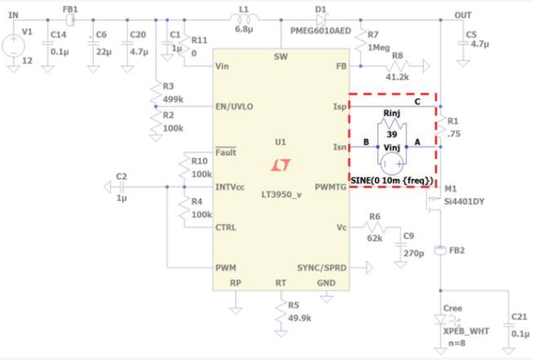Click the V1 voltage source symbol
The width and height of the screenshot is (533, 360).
[14, 46]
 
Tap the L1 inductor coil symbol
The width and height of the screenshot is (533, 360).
[244, 18]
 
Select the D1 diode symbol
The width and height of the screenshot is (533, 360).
[321, 20]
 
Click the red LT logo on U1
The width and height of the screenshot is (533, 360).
[281, 165]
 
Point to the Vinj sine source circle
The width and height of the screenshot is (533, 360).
[392, 164]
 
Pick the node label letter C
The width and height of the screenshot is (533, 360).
[417, 101]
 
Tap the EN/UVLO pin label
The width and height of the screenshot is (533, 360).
[234, 106]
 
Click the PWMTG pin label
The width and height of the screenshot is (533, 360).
[331, 187]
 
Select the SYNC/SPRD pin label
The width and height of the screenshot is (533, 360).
[322, 268]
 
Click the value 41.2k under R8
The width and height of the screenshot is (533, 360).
[397, 77]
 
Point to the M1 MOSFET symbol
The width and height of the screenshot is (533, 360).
[433, 201]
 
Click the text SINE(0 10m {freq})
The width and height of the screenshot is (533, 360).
[392, 181]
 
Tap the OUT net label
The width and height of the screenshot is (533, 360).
[463, 16]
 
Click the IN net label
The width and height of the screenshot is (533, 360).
[13, 15]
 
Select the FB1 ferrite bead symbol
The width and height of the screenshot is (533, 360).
[70, 20]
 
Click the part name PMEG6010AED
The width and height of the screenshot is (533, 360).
[320, 31]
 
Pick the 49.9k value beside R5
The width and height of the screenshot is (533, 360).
[299, 318]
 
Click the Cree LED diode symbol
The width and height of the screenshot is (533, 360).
[440, 319]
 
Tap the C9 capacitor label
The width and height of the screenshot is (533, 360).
[408, 236]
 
